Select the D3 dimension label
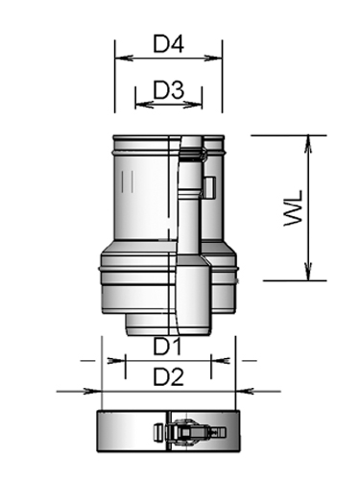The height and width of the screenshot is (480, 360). pyautogui.click(x=168, y=89)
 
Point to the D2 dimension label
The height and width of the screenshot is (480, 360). pyautogui.click(x=169, y=377)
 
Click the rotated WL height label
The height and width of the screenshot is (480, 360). pyautogui.click(x=294, y=207)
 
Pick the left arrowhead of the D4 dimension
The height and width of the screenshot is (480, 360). pyautogui.click(x=119, y=57)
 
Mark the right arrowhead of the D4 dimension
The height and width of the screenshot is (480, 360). pyautogui.click(x=218, y=57)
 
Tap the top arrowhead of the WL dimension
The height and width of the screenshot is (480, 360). pyautogui.click(x=307, y=140)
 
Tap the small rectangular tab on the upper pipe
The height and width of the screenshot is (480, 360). pyautogui.click(x=208, y=185)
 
